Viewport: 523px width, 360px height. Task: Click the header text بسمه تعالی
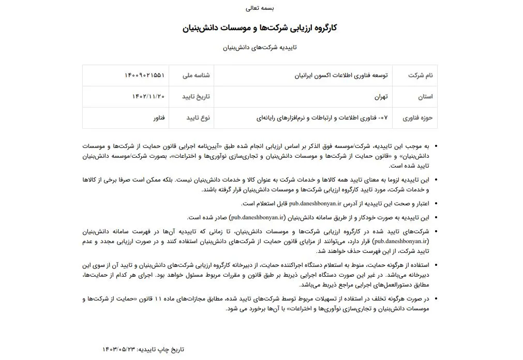click(261, 8)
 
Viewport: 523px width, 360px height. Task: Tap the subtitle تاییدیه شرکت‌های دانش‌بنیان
click(261, 48)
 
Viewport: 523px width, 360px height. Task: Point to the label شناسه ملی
click(196, 76)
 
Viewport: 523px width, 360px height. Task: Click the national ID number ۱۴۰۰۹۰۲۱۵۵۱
click(144, 76)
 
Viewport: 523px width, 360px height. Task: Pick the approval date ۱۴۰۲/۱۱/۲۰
click(148, 97)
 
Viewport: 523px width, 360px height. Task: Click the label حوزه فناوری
click(419, 118)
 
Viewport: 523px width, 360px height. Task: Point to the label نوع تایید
click(198, 118)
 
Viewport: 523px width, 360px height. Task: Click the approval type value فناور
click(159, 118)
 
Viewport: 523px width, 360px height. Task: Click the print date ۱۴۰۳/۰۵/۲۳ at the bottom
click(118, 349)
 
